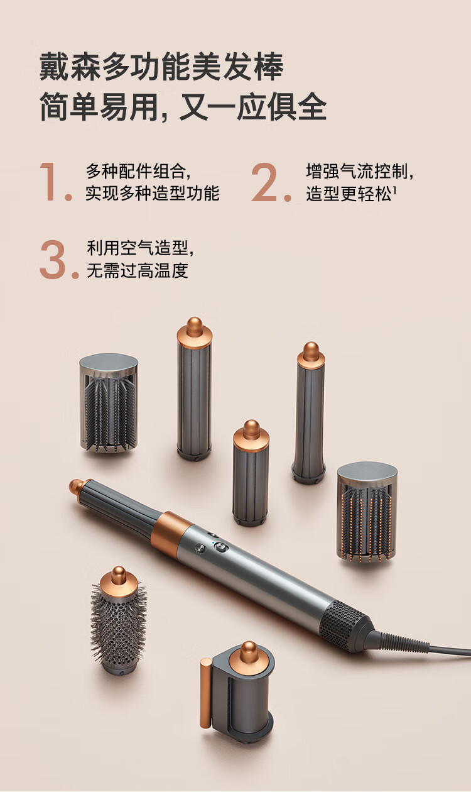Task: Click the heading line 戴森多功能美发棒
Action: tap(161, 66)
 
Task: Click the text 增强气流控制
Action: tap(357, 172)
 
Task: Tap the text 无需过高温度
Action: tap(137, 270)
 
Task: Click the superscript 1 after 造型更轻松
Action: tap(394, 190)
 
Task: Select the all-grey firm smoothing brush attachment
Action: tap(108, 403)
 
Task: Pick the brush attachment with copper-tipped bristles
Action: tap(367, 513)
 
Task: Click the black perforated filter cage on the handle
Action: tap(344, 624)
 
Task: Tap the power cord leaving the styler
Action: tap(421, 646)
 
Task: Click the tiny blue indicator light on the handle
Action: tap(213, 542)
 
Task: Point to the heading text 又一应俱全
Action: tap(252, 107)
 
